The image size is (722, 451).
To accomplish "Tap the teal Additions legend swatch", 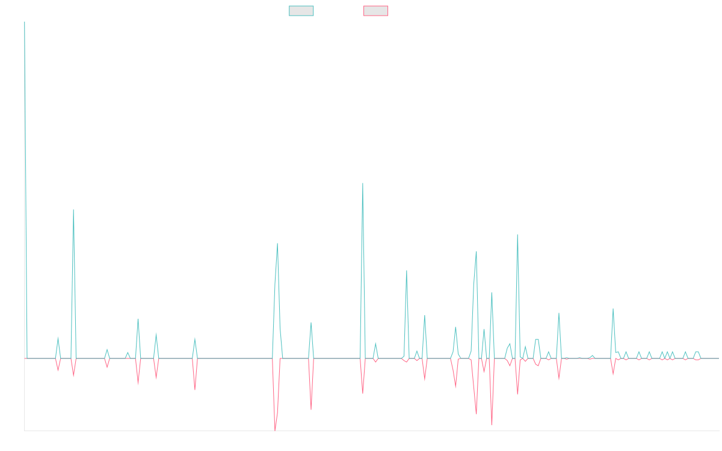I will [301, 11].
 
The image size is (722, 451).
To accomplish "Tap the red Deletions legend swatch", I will [376, 11].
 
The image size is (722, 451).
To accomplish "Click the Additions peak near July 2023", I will [362, 183].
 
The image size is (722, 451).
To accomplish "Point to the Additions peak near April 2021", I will [73, 210].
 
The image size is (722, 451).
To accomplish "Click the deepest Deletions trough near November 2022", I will [275, 429].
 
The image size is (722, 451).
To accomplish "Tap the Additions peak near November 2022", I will [277, 244].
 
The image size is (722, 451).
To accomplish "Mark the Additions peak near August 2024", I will [517, 235].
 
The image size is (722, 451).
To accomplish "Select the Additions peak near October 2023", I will [407, 271].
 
